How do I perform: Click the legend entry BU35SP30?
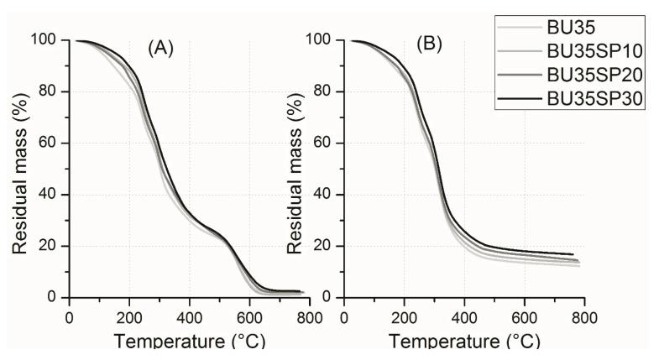click(594, 100)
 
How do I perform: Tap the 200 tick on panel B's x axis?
click(404, 319)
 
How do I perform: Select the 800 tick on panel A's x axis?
click(309, 319)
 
